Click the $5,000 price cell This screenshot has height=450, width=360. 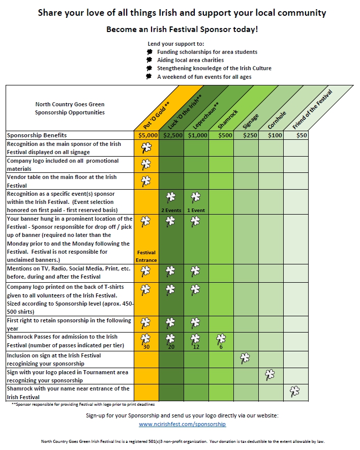146,135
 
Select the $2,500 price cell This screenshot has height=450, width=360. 171,135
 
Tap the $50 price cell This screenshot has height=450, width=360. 296,135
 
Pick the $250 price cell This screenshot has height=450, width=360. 246,135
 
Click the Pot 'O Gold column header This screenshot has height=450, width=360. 156,117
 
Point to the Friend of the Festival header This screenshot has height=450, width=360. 312,109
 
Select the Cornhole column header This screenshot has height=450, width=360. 277,120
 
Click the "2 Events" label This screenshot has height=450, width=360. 171,211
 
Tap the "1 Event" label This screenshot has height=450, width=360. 196,211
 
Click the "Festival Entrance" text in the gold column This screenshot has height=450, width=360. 146,256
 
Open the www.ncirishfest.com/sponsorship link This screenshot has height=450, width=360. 183,424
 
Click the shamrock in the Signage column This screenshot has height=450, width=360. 245,358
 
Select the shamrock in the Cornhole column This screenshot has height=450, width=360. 270,375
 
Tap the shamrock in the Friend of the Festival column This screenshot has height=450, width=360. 295,392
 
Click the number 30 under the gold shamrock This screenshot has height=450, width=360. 146,347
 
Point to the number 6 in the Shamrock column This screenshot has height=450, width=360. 221,347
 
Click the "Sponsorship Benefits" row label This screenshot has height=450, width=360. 37,135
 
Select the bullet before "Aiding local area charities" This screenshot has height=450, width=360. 149,60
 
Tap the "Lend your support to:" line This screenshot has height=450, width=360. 176,44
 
